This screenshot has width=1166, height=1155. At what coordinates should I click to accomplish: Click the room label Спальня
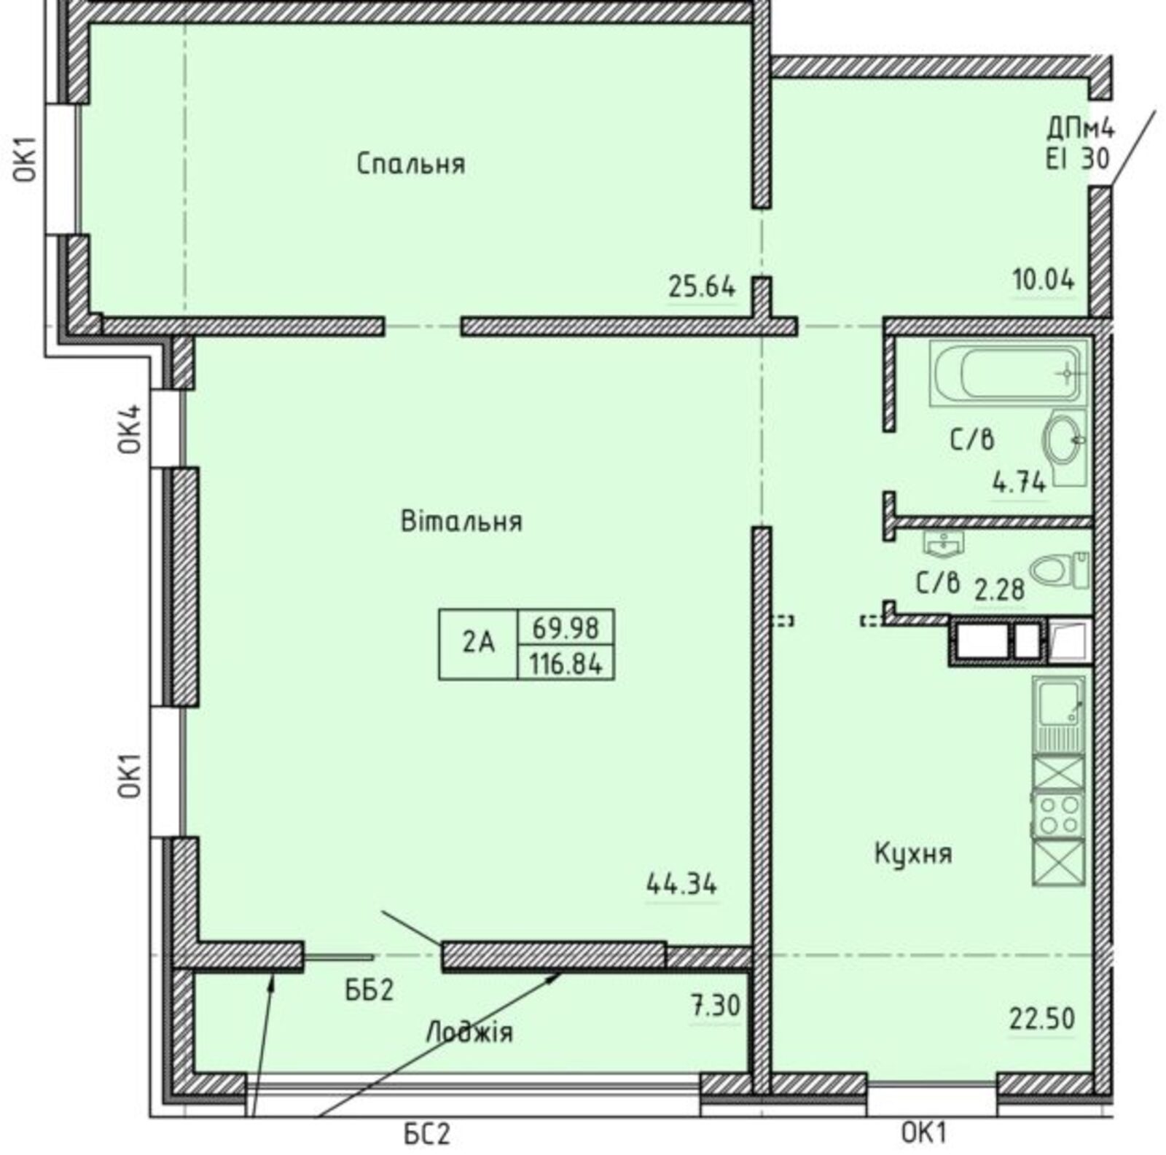[x=411, y=164]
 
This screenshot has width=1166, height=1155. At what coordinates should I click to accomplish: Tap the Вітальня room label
[x=462, y=522]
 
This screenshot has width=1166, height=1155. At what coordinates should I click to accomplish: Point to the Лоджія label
[x=469, y=1032]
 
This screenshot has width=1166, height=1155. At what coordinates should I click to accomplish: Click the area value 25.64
[x=702, y=286]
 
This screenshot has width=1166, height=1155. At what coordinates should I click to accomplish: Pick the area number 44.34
[x=681, y=885]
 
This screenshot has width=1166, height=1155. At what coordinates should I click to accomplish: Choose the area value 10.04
[x=1044, y=279]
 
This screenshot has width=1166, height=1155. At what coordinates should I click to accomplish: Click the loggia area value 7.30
[x=715, y=1007]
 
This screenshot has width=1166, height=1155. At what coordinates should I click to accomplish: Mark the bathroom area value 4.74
[x=1020, y=482]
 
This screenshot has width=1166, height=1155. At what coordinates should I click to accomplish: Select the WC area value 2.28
[x=1000, y=589]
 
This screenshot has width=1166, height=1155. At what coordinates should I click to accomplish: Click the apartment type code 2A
[x=478, y=643]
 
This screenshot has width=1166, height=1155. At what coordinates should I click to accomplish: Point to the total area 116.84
[x=566, y=664]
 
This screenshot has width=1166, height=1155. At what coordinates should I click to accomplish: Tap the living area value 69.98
[x=566, y=627]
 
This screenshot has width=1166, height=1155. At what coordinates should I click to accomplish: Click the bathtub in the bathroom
[x=1008, y=374]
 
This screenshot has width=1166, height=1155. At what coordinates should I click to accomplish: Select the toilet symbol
[x=1060, y=569]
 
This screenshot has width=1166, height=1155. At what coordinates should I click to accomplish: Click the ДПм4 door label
[x=1081, y=130]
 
